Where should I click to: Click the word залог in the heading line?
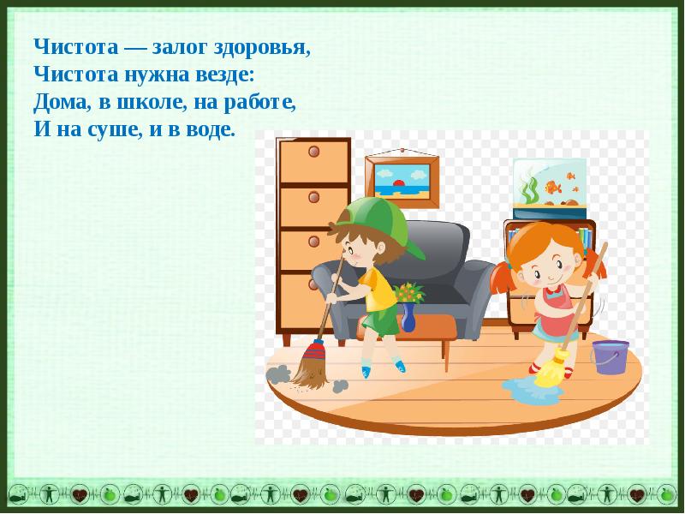pyautogui.click(x=179, y=48)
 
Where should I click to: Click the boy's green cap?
pyautogui.click(x=376, y=223)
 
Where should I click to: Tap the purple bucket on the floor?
pyautogui.click(x=610, y=357)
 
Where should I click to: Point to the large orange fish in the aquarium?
pyautogui.click(x=552, y=188)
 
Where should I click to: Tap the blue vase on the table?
pyautogui.click(x=408, y=317)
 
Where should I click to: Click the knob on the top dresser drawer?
pyautogui.click(x=313, y=152)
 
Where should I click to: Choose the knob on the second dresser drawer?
pyautogui.click(x=313, y=197)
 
